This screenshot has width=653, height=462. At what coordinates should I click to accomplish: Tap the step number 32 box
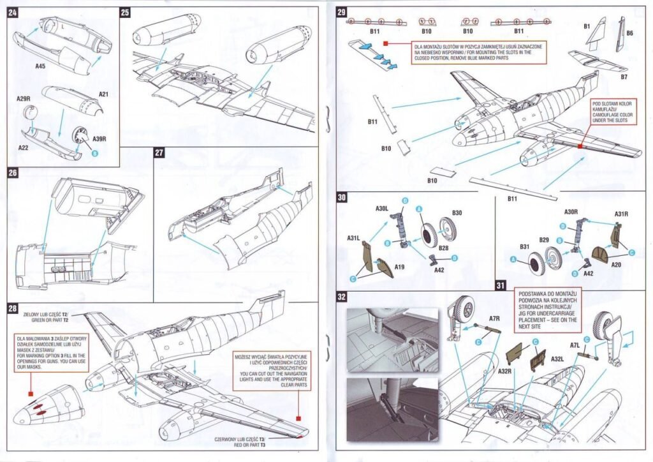(x=342, y=297)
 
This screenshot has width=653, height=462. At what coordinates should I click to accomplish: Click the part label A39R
(x=99, y=138)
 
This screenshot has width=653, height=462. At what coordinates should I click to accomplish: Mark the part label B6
(x=629, y=33)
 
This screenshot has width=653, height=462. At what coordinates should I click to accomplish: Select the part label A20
(x=615, y=263)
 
